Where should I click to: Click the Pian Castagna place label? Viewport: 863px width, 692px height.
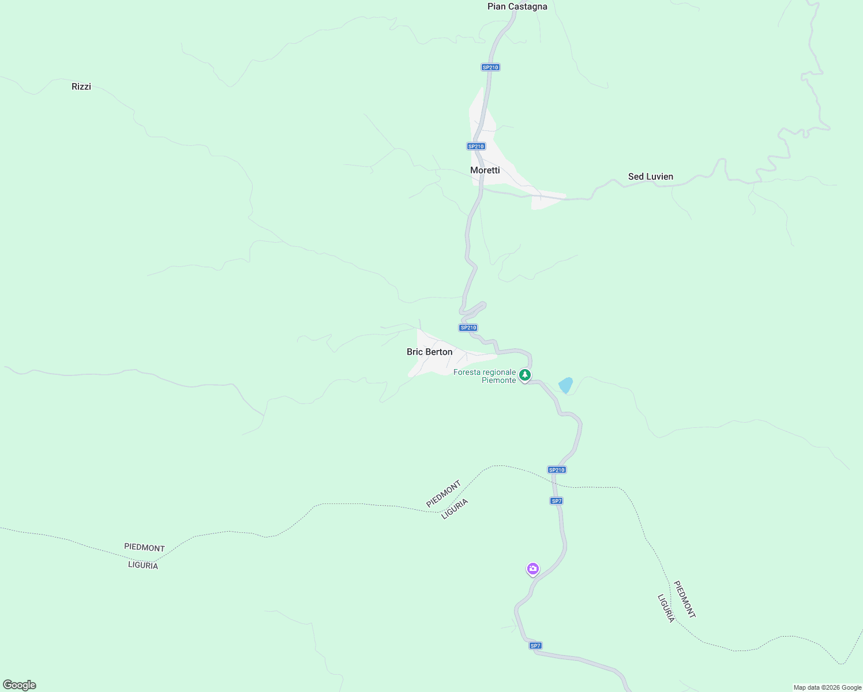click(x=517, y=7)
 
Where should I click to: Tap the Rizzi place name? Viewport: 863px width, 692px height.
click(x=81, y=86)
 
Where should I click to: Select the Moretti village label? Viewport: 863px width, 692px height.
click(x=485, y=170)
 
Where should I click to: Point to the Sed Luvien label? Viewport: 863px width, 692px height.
click(x=650, y=176)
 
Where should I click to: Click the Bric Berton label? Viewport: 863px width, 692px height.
click(x=429, y=352)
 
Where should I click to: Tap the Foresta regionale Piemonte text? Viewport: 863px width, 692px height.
click(x=485, y=376)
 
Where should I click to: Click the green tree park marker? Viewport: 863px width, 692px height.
click(x=524, y=375)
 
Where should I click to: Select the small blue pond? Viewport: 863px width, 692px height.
click(x=566, y=385)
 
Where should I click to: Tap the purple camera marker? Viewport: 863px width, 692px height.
click(x=532, y=569)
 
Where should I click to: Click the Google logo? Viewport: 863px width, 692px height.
click(x=20, y=685)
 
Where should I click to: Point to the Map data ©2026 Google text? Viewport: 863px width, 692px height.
click(x=827, y=687)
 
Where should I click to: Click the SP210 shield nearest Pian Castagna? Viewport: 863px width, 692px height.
click(x=490, y=67)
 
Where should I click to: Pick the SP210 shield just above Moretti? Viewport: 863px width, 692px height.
click(x=476, y=146)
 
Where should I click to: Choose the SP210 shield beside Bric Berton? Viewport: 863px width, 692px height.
click(x=468, y=328)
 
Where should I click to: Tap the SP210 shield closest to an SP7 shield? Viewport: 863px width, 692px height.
click(x=557, y=470)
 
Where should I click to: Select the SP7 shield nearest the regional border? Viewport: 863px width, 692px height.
click(x=556, y=501)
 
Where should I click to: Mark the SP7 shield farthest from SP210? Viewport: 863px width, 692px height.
click(x=535, y=646)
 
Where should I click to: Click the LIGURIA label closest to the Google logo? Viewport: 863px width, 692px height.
click(x=143, y=565)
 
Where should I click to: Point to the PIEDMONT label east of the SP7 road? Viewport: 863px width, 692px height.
click(x=685, y=599)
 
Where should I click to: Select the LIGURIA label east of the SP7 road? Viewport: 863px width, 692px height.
click(x=666, y=608)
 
